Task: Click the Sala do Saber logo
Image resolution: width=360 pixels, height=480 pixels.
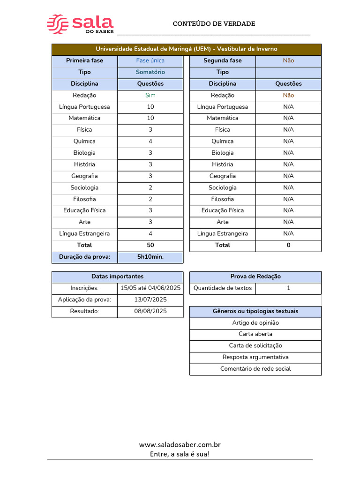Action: (80, 24)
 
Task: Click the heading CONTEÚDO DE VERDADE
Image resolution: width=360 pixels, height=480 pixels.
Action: (214, 23)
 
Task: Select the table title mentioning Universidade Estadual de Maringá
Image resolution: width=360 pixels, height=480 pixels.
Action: (187, 49)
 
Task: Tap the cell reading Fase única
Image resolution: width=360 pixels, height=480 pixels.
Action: (150, 60)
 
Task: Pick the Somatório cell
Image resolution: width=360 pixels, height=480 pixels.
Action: (150, 72)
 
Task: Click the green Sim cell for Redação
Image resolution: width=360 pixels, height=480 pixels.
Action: (150, 95)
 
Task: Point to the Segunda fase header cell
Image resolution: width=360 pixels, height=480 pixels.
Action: (223, 60)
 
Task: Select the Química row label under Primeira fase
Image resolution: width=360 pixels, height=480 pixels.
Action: (84, 141)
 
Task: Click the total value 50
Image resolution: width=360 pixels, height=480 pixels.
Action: (150, 245)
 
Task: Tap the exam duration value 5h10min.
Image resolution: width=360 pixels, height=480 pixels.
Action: (150, 257)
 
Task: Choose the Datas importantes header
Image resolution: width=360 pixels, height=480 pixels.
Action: (117, 277)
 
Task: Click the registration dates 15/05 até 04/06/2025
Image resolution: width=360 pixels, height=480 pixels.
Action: (150, 288)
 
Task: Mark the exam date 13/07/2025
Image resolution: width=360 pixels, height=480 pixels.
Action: (150, 300)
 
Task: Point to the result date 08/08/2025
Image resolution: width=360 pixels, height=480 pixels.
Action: (150, 311)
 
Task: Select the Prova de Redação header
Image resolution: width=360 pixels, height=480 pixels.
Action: (255, 277)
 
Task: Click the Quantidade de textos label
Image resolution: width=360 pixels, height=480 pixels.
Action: (223, 288)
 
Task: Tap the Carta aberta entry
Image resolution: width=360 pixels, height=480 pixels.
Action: (255, 334)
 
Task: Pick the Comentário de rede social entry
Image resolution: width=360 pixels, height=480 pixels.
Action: (255, 369)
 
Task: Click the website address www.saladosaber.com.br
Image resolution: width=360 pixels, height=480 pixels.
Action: (180, 444)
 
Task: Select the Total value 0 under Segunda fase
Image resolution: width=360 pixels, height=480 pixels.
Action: (288, 245)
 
